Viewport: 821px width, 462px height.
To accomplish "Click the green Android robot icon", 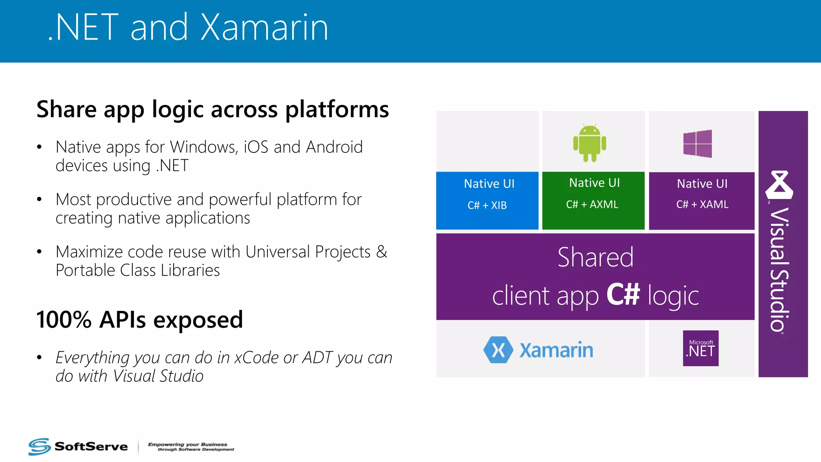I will (589, 143).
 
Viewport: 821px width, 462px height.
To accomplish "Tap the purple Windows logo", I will (698, 144).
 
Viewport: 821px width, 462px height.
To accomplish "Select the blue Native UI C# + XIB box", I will (487, 201).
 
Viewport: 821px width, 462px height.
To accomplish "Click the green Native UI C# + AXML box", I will (593, 201).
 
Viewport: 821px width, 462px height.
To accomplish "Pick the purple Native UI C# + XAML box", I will (702, 201).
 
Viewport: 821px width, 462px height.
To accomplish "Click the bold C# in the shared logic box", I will (623, 294).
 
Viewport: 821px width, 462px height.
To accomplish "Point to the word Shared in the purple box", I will (595, 257).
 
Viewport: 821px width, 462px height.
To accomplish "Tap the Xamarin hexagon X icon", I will (498, 350).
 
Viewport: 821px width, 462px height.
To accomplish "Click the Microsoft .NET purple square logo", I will (701, 348).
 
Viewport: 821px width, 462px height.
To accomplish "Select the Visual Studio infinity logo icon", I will (779, 185).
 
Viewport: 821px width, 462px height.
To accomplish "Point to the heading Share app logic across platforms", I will (212, 109).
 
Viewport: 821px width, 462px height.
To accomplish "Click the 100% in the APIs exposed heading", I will (64, 320).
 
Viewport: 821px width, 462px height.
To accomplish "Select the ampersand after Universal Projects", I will (382, 252).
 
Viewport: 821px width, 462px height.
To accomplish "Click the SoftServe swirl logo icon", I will (39, 446).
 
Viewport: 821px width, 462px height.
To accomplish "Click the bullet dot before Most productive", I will (39, 199).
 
